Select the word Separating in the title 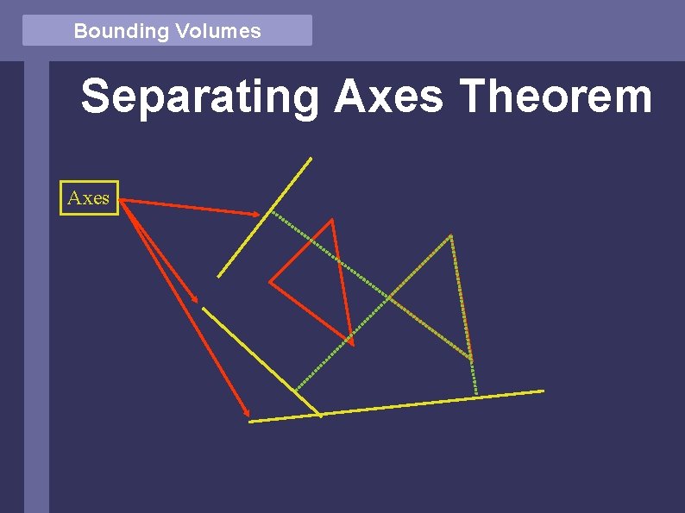point(199,97)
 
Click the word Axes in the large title point(388,97)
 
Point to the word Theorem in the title point(556,97)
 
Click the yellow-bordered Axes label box point(88,198)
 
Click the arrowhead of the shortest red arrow point(198,302)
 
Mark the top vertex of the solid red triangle point(331,221)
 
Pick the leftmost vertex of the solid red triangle point(270,281)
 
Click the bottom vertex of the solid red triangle point(352,343)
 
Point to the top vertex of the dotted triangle point(450,235)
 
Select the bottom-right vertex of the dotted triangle point(472,358)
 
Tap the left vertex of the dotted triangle point(388,297)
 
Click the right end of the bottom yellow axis point(544,391)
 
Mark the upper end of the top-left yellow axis point(311,158)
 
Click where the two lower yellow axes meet point(321,415)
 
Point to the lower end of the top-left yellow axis point(218,277)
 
